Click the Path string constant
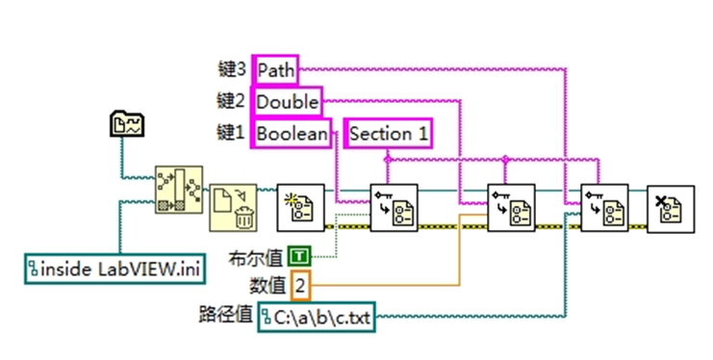tap(275, 69)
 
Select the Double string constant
tap(286, 101)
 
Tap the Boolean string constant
tap(291, 133)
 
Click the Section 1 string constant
tap(389, 133)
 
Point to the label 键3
tap(234, 69)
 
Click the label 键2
tap(234, 101)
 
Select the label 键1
tap(234, 133)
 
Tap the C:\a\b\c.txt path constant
tap(317, 315)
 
